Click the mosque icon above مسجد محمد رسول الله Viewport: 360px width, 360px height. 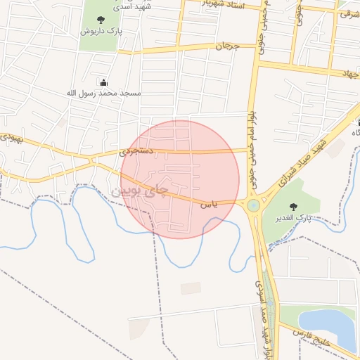click(104, 82)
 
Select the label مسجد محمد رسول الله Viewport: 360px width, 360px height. click(104, 93)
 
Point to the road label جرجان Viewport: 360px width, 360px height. click(227, 46)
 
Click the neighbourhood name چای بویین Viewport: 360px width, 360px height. click(141, 191)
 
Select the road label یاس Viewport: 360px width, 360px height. click(209, 205)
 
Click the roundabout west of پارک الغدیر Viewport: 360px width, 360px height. click(253, 205)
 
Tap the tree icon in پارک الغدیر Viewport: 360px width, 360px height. click(293, 207)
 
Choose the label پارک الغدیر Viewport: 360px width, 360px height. click(294, 219)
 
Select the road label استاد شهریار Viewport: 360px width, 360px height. click(224, 4)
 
